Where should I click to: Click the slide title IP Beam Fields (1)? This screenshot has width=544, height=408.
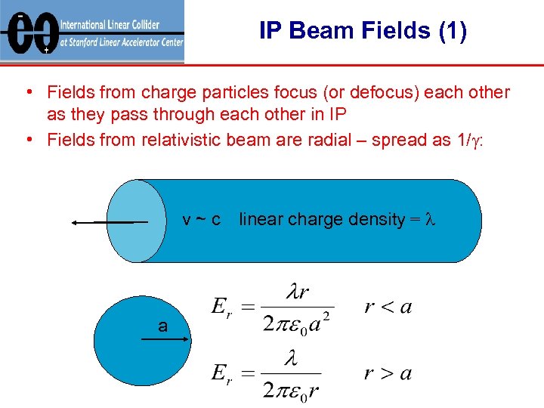click(363, 31)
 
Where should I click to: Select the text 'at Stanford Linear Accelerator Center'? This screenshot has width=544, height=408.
click(121, 42)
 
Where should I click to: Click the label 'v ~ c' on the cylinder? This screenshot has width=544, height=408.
click(202, 220)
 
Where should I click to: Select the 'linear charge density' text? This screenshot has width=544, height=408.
click(322, 220)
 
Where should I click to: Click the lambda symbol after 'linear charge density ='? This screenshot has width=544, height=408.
click(431, 220)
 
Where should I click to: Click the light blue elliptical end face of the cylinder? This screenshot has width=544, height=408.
click(137, 221)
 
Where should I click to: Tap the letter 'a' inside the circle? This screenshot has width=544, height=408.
click(162, 326)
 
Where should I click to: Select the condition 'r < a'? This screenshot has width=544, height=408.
click(388, 306)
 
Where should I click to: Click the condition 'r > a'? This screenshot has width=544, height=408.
click(388, 372)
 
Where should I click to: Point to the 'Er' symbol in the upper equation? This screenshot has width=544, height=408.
click(221, 308)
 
